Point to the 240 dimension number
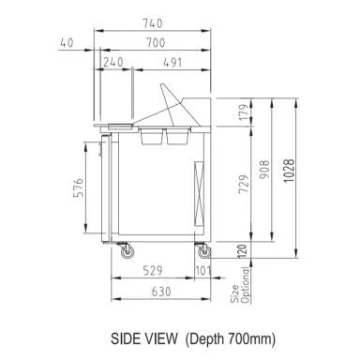click(x=113, y=63)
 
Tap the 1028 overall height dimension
click(x=297, y=171)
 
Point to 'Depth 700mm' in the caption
click(x=213, y=337)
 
